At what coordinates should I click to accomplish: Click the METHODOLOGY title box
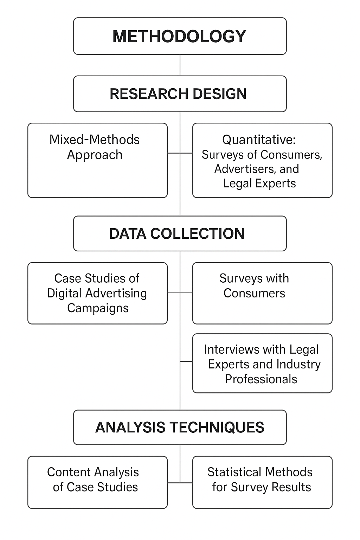pos(180,36)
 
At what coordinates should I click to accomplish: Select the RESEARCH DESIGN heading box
pos(180,94)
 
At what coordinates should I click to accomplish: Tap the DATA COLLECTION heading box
pos(180,233)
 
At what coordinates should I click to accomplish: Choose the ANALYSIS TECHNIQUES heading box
pos(180,427)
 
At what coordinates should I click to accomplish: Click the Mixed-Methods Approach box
pos(97,160)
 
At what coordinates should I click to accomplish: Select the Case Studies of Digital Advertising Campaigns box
pos(97,293)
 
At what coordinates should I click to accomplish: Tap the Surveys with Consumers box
pos(262,293)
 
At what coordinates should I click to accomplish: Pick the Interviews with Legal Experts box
pos(262,363)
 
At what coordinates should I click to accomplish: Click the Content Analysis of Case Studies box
pos(97,482)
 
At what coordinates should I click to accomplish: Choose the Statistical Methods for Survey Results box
pos(262,482)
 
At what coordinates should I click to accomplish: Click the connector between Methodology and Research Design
pos(180,65)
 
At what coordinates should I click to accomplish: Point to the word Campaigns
pos(98,308)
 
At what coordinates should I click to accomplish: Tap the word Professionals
pos(261,379)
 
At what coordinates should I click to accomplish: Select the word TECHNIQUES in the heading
pos(217,427)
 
